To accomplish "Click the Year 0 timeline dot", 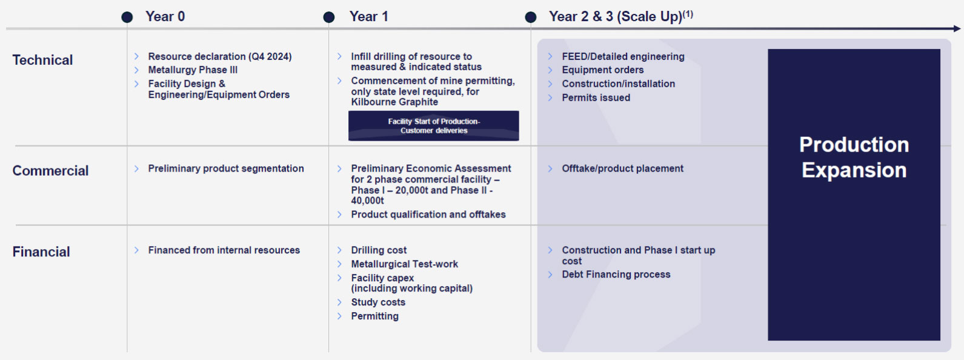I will click(127, 18).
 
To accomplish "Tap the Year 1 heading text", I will click(368, 16).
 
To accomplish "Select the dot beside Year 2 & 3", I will click(530, 18).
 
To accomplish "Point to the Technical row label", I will click(42, 60).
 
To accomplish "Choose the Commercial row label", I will click(50, 171).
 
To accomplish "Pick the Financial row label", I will click(41, 252).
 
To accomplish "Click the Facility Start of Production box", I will click(433, 126).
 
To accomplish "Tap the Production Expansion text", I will click(854, 157).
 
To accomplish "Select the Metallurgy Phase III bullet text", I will click(193, 70).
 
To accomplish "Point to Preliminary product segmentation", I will click(226, 168).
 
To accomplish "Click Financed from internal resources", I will click(224, 250).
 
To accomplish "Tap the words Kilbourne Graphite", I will click(394, 102).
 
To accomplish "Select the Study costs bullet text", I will click(378, 302).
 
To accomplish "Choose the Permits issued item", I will click(596, 98).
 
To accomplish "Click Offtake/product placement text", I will click(622, 168).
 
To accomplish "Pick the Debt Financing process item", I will click(616, 274).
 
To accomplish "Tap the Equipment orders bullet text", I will click(602, 70).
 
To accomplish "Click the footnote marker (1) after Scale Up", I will click(688, 13).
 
